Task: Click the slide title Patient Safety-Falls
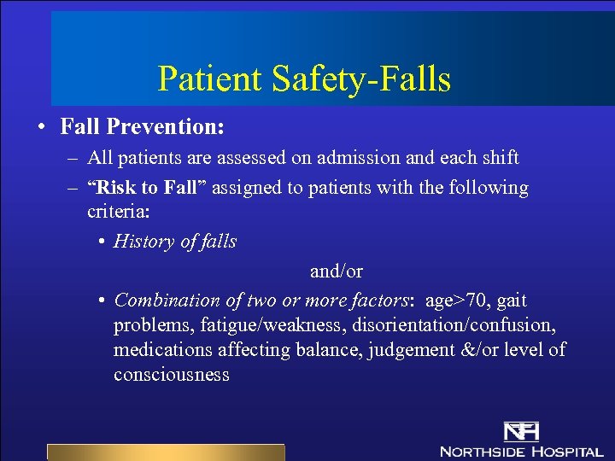click(304, 79)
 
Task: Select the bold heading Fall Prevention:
click(142, 127)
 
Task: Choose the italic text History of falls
click(175, 242)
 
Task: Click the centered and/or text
click(337, 271)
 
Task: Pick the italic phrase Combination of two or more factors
click(261, 301)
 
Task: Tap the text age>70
click(449, 301)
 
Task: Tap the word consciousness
click(171, 375)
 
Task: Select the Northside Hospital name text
click(521, 451)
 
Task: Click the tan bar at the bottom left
click(165, 452)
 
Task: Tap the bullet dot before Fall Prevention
click(41, 128)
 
